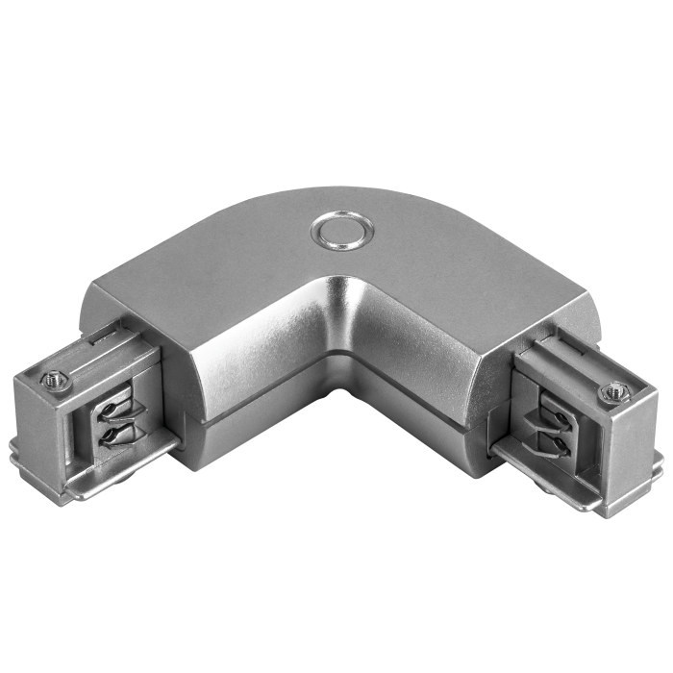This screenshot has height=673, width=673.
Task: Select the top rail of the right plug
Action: click(567, 361)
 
